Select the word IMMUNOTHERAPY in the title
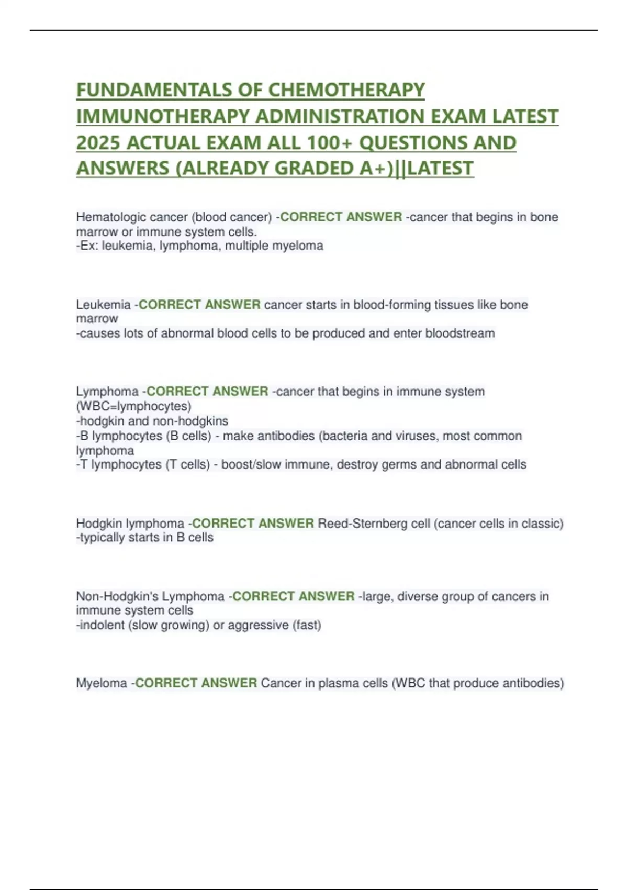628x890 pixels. click(163, 116)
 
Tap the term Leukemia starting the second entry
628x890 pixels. click(103, 304)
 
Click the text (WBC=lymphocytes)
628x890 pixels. click(133, 406)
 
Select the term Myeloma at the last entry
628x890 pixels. click(102, 683)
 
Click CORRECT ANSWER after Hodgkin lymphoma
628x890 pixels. click(253, 523)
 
